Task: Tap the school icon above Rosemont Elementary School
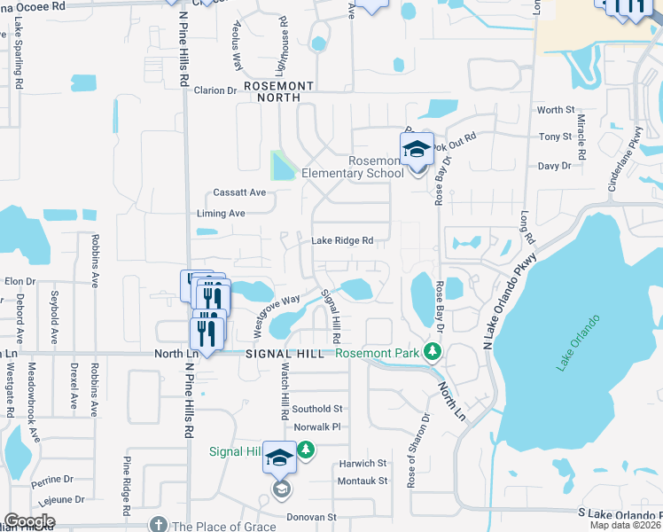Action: pyautogui.click(x=417, y=150)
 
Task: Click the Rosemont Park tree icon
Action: pyautogui.click(x=433, y=352)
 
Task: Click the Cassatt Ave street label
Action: pyautogui.click(x=239, y=192)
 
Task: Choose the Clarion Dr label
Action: pyautogui.click(x=215, y=90)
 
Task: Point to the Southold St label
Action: pyautogui.click(x=317, y=409)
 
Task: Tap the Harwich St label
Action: pyautogui.click(x=363, y=463)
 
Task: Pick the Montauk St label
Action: pyautogui.click(x=363, y=481)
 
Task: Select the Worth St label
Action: pyautogui.click(x=556, y=110)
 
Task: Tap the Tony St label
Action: pyautogui.click(x=556, y=137)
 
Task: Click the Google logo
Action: pyautogui.click(x=29, y=520)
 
